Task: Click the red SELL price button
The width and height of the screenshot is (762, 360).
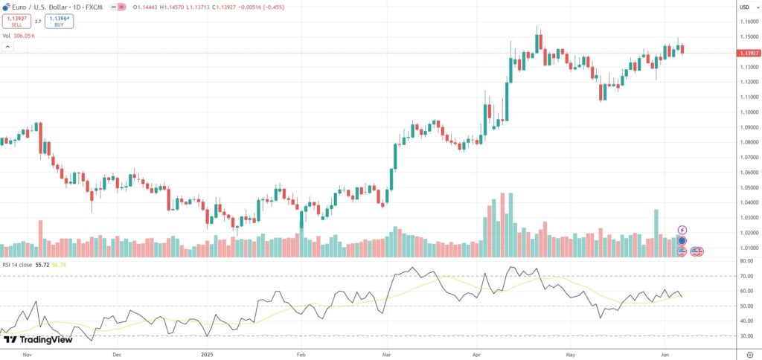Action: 16,22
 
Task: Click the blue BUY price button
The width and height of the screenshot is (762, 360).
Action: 59,22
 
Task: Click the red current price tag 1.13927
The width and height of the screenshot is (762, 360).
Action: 747,53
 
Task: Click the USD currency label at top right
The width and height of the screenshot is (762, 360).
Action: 743,7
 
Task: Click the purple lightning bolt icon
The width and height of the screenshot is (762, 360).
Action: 682,230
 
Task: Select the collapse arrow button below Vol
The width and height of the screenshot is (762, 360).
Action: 7,46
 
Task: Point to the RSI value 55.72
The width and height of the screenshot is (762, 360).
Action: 40,265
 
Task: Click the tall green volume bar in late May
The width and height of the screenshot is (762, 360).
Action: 656,233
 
